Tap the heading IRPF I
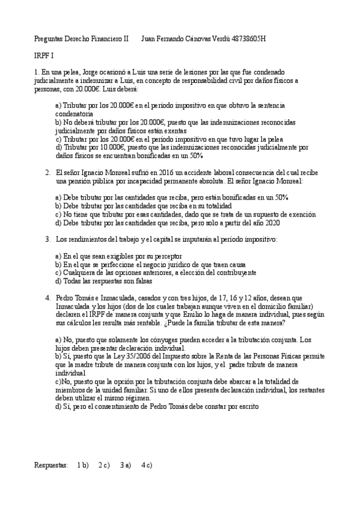pyautogui.click(x=44, y=55)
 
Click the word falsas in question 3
pyautogui.click(x=142, y=280)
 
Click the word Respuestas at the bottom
pyautogui.click(x=51, y=465)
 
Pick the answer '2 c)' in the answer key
pyautogui.click(x=103, y=465)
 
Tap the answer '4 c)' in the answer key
pyautogui.click(x=147, y=465)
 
